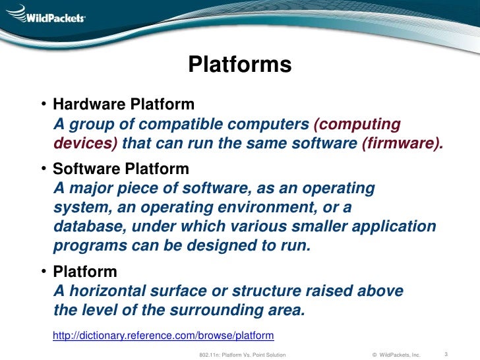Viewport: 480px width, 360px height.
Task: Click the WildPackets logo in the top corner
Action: [45, 14]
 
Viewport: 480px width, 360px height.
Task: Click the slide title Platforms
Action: [239, 65]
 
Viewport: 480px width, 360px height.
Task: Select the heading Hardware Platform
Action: [123, 104]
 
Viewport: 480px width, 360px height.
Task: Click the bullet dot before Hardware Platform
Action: [42, 105]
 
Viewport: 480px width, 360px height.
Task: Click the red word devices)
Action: [86, 143]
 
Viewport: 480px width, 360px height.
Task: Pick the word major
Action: [90, 189]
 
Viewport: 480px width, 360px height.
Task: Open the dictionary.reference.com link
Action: [163, 335]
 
